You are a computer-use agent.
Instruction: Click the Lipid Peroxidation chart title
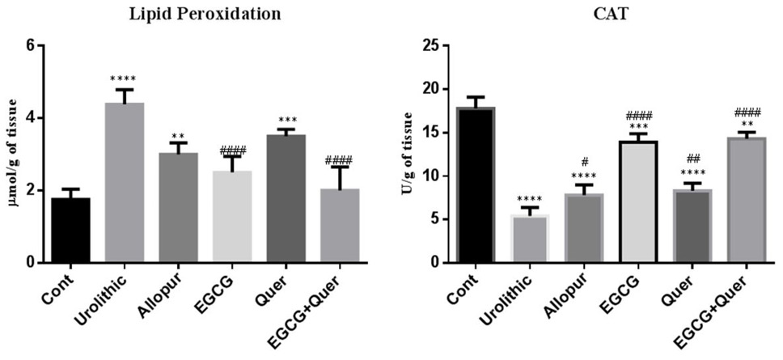click(x=205, y=15)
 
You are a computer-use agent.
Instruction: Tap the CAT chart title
click(x=609, y=15)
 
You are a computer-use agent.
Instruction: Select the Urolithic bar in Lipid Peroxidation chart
click(x=125, y=182)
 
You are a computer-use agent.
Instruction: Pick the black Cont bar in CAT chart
click(x=476, y=184)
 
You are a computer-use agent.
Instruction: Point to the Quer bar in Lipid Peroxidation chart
click(x=286, y=198)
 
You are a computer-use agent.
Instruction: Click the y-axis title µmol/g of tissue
click(x=12, y=153)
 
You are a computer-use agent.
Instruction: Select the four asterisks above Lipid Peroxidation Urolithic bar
click(x=123, y=79)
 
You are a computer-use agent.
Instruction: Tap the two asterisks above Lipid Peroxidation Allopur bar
click(x=178, y=136)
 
